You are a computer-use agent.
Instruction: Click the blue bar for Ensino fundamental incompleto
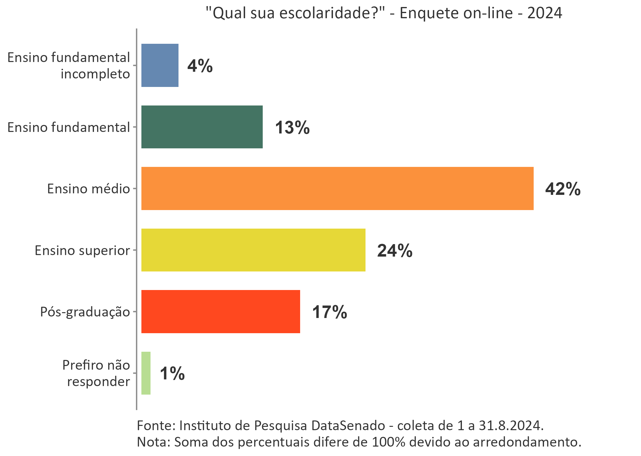pyautogui.click(x=160, y=65)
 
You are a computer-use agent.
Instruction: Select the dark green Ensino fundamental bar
pyautogui.click(x=202, y=127)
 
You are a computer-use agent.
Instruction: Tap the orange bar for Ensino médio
pyautogui.click(x=337, y=188)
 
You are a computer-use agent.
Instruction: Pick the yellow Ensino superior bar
pyautogui.click(x=253, y=250)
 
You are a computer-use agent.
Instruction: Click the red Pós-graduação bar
pyautogui.click(x=220, y=312)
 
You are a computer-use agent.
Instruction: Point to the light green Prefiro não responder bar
pyautogui.click(x=146, y=373)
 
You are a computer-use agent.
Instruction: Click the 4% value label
pyautogui.click(x=200, y=66)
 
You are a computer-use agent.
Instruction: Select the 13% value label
pyautogui.click(x=292, y=127)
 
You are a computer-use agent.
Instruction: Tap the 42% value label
pyautogui.click(x=563, y=189)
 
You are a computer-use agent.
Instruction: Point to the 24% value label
pyautogui.click(x=395, y=251)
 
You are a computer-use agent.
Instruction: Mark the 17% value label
pyautogui.click(x=330, y=312)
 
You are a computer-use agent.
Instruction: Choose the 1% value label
pyautogui.click(x=172, y=374)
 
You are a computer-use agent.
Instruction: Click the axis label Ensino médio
pyautogui.click(x=88, y=189)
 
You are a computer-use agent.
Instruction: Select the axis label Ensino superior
pyautogui.click(x=82, y=250)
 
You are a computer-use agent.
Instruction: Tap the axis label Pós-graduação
pyautogui.click(x=85, y=312)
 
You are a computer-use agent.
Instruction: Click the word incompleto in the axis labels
pyautogui.click(x=95, y=74)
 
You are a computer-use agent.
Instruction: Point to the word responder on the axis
pyautogui.click(x=99, y=382)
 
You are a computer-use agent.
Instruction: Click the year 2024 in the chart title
pyautogui.click(x=545, y=13)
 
